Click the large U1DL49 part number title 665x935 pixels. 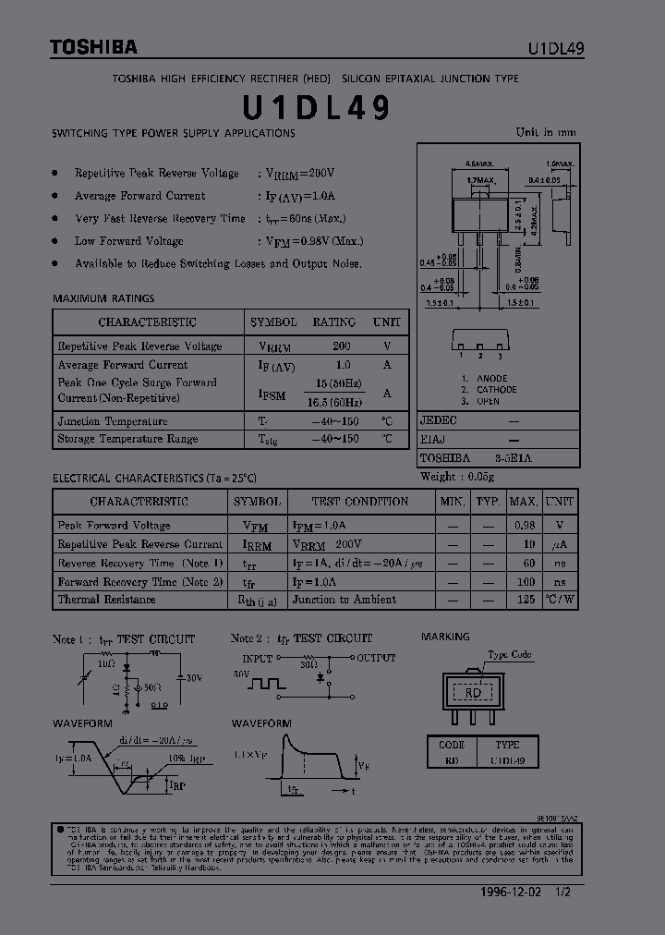pos(317,108)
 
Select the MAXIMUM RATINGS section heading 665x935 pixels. pos(103,298)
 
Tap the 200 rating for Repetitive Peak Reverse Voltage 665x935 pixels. pos(342,346)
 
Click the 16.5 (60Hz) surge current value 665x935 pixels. pos(339,402)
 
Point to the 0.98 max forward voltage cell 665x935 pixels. pos(524,525)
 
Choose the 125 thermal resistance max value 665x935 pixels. pos(527,600)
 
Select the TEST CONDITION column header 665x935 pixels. pos(359,502)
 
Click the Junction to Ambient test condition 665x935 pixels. pos(344,600)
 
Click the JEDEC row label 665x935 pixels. pos(439,419)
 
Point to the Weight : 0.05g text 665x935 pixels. pos(457,477)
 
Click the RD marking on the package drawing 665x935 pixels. pos(474,692)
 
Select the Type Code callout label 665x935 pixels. pos(510,654)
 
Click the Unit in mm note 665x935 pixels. pos(545,132)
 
